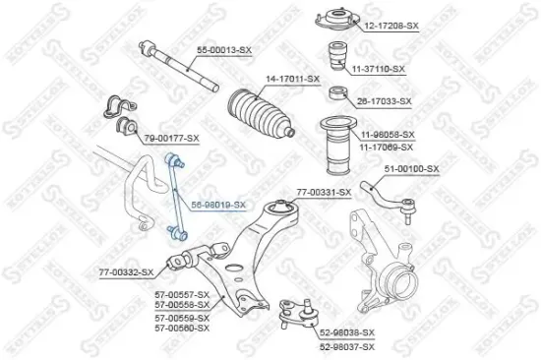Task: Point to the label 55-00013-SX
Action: click(x=224, y=47)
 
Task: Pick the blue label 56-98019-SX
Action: click(x=217, y=204)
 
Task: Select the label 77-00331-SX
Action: click(x=323, y=192)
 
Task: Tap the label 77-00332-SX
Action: click(x=125, y=270)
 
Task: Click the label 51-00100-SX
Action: click(x=411, y=170)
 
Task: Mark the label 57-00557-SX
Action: click(x=182, y=294)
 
